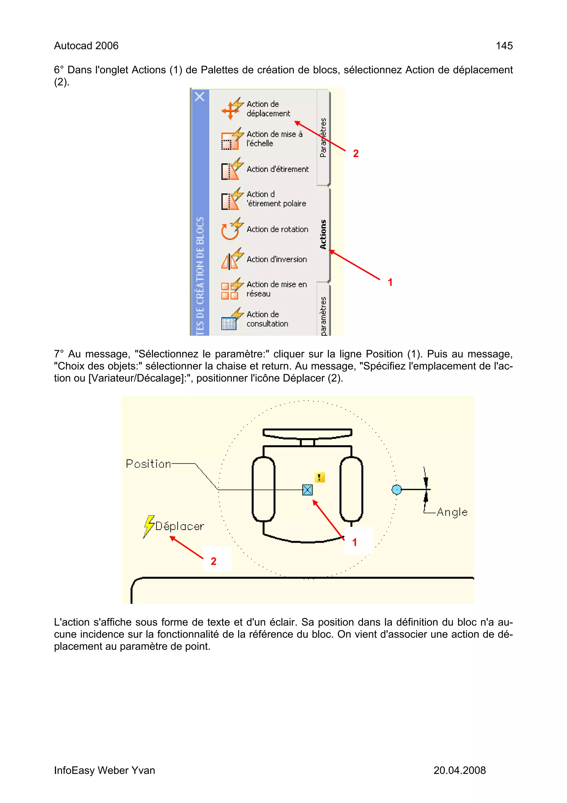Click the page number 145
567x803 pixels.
(x=504, y=46)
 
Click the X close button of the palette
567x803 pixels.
(x=200, y=96)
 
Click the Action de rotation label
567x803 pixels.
(x=277, y=230)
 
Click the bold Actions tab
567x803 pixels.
(x=323, y=234)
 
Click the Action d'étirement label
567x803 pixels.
(x=277, y=169)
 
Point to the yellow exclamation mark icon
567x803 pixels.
(x=319, y=477)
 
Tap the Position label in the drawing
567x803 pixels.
(x=148, y=464)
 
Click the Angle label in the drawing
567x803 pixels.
(x=452, y=512)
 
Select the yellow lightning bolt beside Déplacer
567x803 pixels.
(x=149, y=526)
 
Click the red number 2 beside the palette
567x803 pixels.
(x=356, y=154)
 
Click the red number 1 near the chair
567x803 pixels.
(x=355, y=542)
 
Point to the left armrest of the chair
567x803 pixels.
(x=263, y=489)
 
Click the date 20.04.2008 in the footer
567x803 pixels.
(x=459, y=770)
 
